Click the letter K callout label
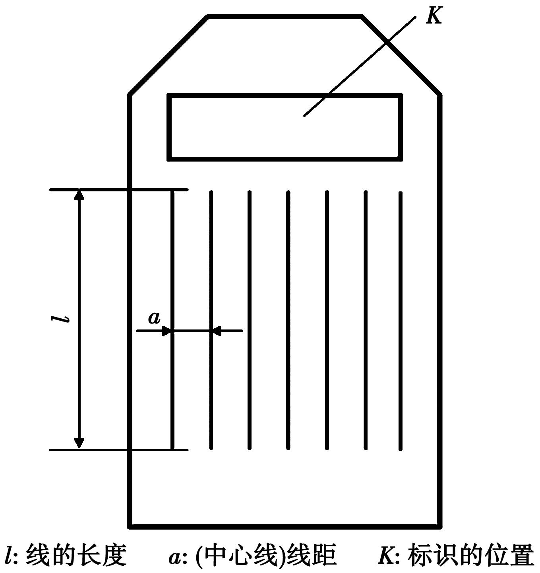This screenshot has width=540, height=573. tap(434, 15)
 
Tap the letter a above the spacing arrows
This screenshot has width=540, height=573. tap(154, 318)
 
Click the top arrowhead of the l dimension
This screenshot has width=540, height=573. tap(79, 195)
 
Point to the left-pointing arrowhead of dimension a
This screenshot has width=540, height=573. tap(218, 331)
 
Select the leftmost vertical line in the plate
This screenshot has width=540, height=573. tap(172, 320)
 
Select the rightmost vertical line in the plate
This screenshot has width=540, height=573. tap(400, 321)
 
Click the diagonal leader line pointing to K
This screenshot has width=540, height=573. tap(360, 66)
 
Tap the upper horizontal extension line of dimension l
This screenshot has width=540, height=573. tap(119, 190)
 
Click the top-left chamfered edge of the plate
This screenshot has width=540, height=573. tap(168, 55)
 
